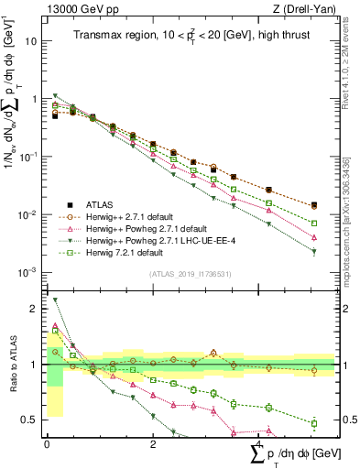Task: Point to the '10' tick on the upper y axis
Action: [31, 42]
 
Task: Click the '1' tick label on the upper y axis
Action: [35, 99]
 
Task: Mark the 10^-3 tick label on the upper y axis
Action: [28, 272]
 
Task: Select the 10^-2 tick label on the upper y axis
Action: [28, 214]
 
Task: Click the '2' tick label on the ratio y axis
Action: [35, 309]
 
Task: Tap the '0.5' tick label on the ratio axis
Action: [30, 420]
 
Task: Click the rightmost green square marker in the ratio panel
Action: [314, 423]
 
